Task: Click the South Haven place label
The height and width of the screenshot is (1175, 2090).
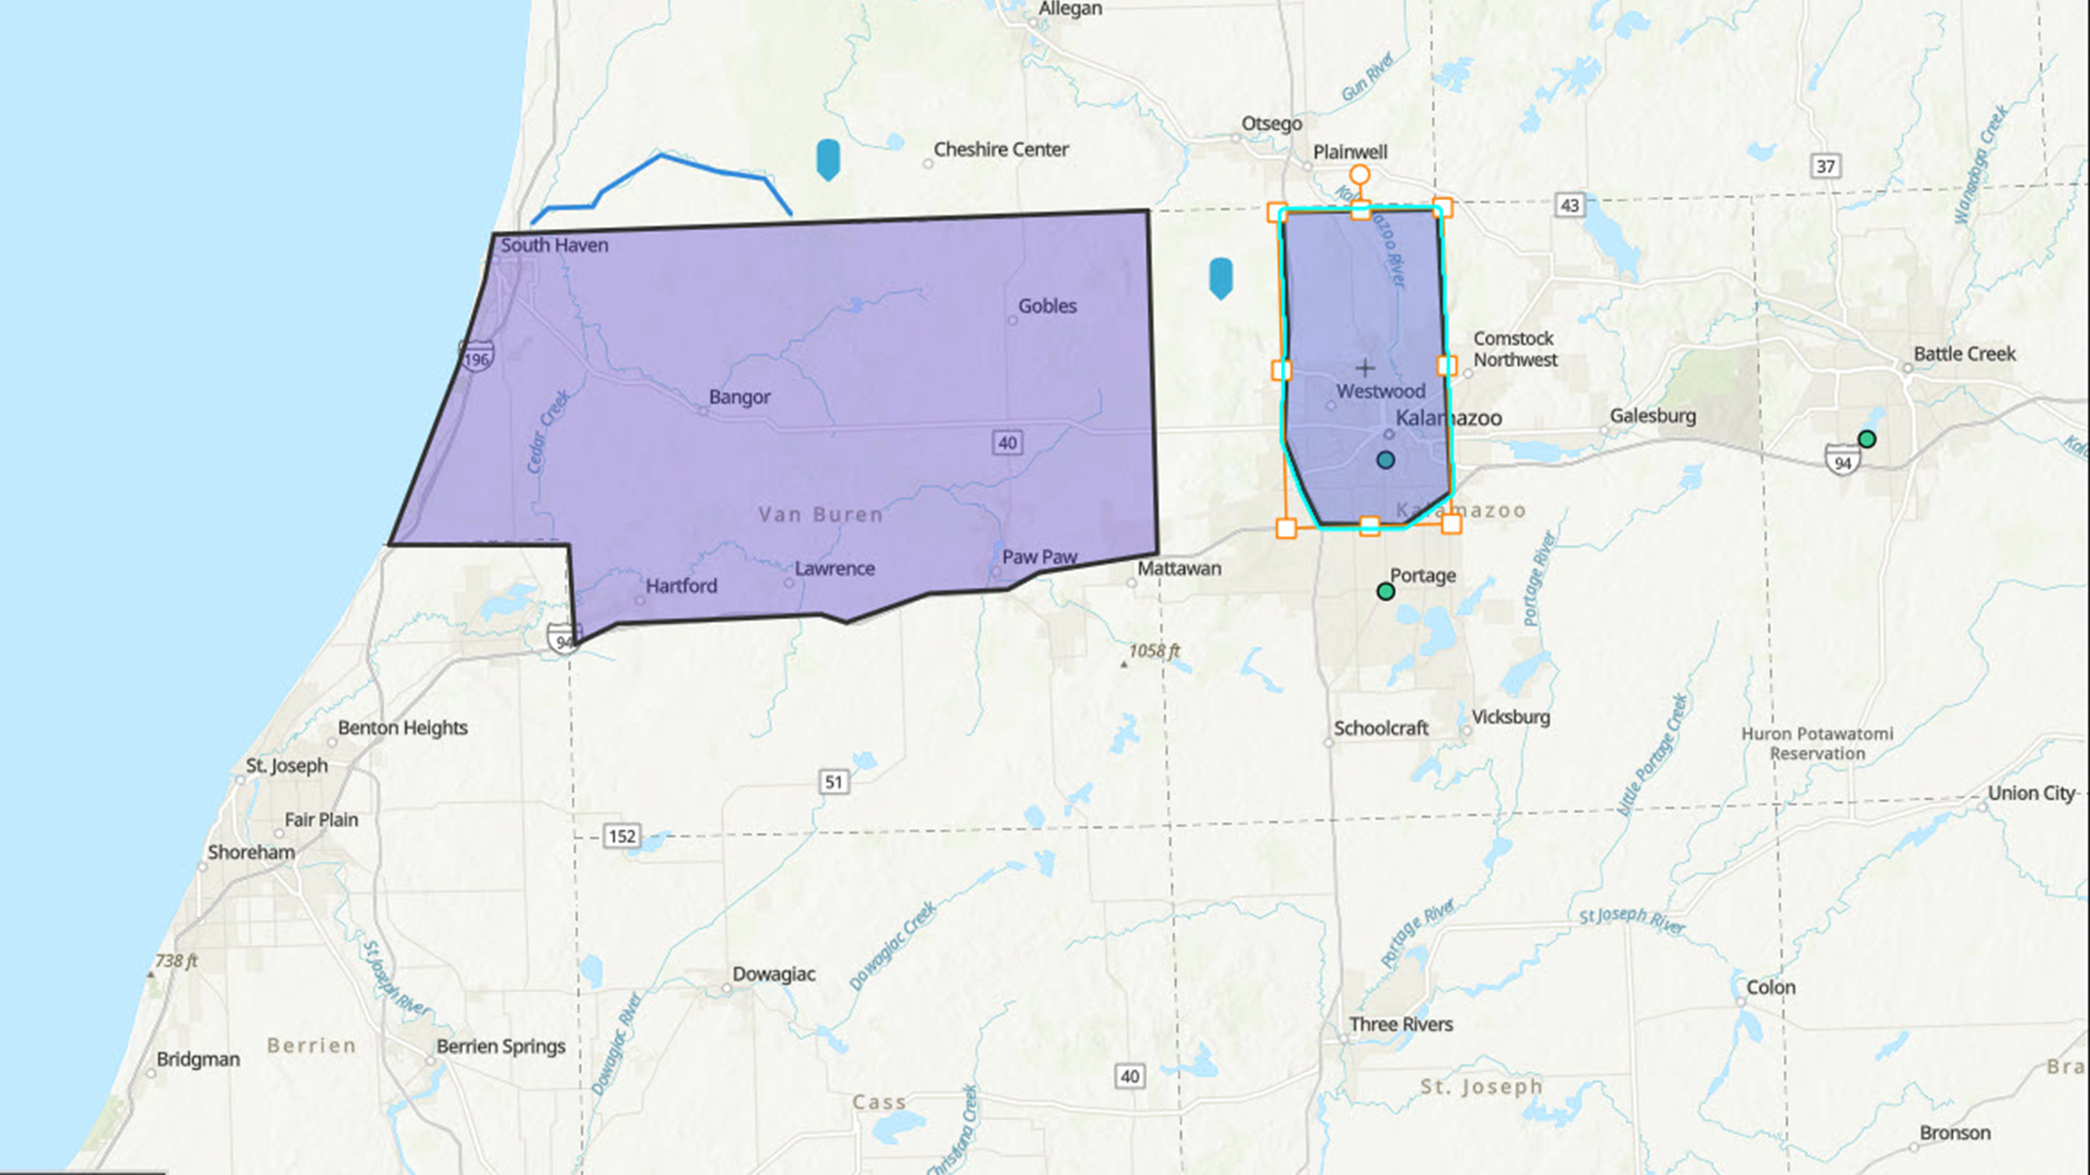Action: [554, 245]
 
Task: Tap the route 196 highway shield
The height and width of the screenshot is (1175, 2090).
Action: [477, 355]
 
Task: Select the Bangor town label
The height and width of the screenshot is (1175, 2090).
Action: [739, 397]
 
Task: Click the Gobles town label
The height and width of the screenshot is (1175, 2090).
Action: [1047, 305]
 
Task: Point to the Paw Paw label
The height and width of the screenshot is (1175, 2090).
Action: [1039, 556]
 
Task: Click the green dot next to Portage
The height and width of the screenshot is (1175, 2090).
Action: [1385, 591]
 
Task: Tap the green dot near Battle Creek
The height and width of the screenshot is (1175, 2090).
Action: [1867, 439]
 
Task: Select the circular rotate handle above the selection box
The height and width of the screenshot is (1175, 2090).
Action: [1359, 175]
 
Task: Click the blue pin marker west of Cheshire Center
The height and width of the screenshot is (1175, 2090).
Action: [828, 159]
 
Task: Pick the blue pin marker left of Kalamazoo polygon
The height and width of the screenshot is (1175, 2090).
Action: [1220, 277]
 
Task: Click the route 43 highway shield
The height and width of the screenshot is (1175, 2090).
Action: [1570, 205]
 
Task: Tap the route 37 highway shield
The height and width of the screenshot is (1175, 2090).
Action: [1826, 165]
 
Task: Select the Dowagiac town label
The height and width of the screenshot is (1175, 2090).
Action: [774, 973]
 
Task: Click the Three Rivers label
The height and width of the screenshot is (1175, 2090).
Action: [1401, 1024]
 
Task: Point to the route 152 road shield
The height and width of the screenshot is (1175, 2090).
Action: [622, 836]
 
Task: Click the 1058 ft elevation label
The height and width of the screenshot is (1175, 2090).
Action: [1154, 651]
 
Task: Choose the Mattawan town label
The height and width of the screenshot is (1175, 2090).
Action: [1179, 568]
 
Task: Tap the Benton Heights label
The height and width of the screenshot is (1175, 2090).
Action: [403, 728]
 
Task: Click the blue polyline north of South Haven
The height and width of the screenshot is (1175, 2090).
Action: [661, 156]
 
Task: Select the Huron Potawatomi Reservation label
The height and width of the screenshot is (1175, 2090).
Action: [1817, 743]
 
